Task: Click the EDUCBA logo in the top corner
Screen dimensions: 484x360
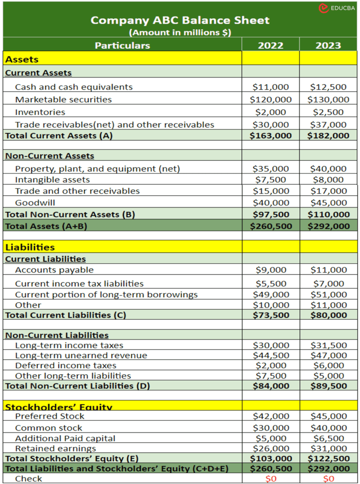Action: tap(336, 8)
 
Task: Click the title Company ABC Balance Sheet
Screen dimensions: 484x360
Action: tap(180, 20)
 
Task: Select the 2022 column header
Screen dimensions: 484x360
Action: tap(270, 45)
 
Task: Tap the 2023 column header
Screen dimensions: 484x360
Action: tap(328, 45)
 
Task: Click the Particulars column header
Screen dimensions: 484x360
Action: tap(122, 45)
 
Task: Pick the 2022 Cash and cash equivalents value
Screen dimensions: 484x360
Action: tap(270, 87)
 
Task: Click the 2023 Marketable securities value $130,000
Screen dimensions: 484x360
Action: tap(328, 100)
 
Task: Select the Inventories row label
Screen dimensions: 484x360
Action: tap(40, 112)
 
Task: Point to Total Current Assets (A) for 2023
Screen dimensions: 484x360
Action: tap(328, 136)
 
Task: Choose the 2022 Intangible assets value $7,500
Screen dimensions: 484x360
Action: tap(270, 180)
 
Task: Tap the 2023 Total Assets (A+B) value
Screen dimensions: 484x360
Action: tap(328, 226)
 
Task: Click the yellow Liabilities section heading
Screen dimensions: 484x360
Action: tap(30, 247)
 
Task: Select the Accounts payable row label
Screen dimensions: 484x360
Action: tap(54, 270)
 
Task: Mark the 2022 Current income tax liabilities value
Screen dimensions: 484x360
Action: tap(270, 284)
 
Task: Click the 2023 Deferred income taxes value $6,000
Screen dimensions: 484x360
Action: tap(328, 365)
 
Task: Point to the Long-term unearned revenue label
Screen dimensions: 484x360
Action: tap(81, 355)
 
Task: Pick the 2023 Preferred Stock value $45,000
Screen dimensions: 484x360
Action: tap(328, 416)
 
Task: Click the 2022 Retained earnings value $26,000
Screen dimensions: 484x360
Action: tap(270, 449)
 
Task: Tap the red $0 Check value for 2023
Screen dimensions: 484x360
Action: tap(328, 479)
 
